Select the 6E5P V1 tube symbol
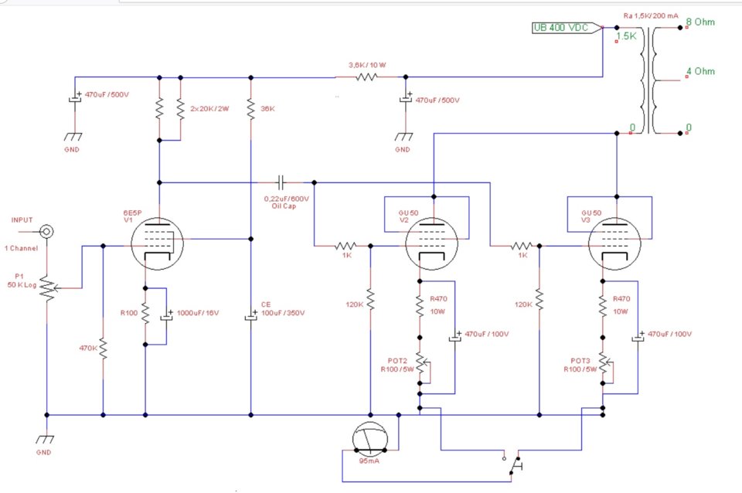157,244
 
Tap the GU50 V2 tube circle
431,244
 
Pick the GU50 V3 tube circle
614,244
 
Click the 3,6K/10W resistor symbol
366,76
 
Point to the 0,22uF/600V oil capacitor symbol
281,182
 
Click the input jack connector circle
47,232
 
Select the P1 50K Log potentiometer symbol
48,287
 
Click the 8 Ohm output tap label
700,22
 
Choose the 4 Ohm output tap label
700,71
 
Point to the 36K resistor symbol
250,109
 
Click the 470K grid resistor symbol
103,348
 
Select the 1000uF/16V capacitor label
198,313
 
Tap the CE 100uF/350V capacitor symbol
250,316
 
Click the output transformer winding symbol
648,80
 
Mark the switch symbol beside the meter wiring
515,465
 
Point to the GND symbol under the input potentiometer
46,439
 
